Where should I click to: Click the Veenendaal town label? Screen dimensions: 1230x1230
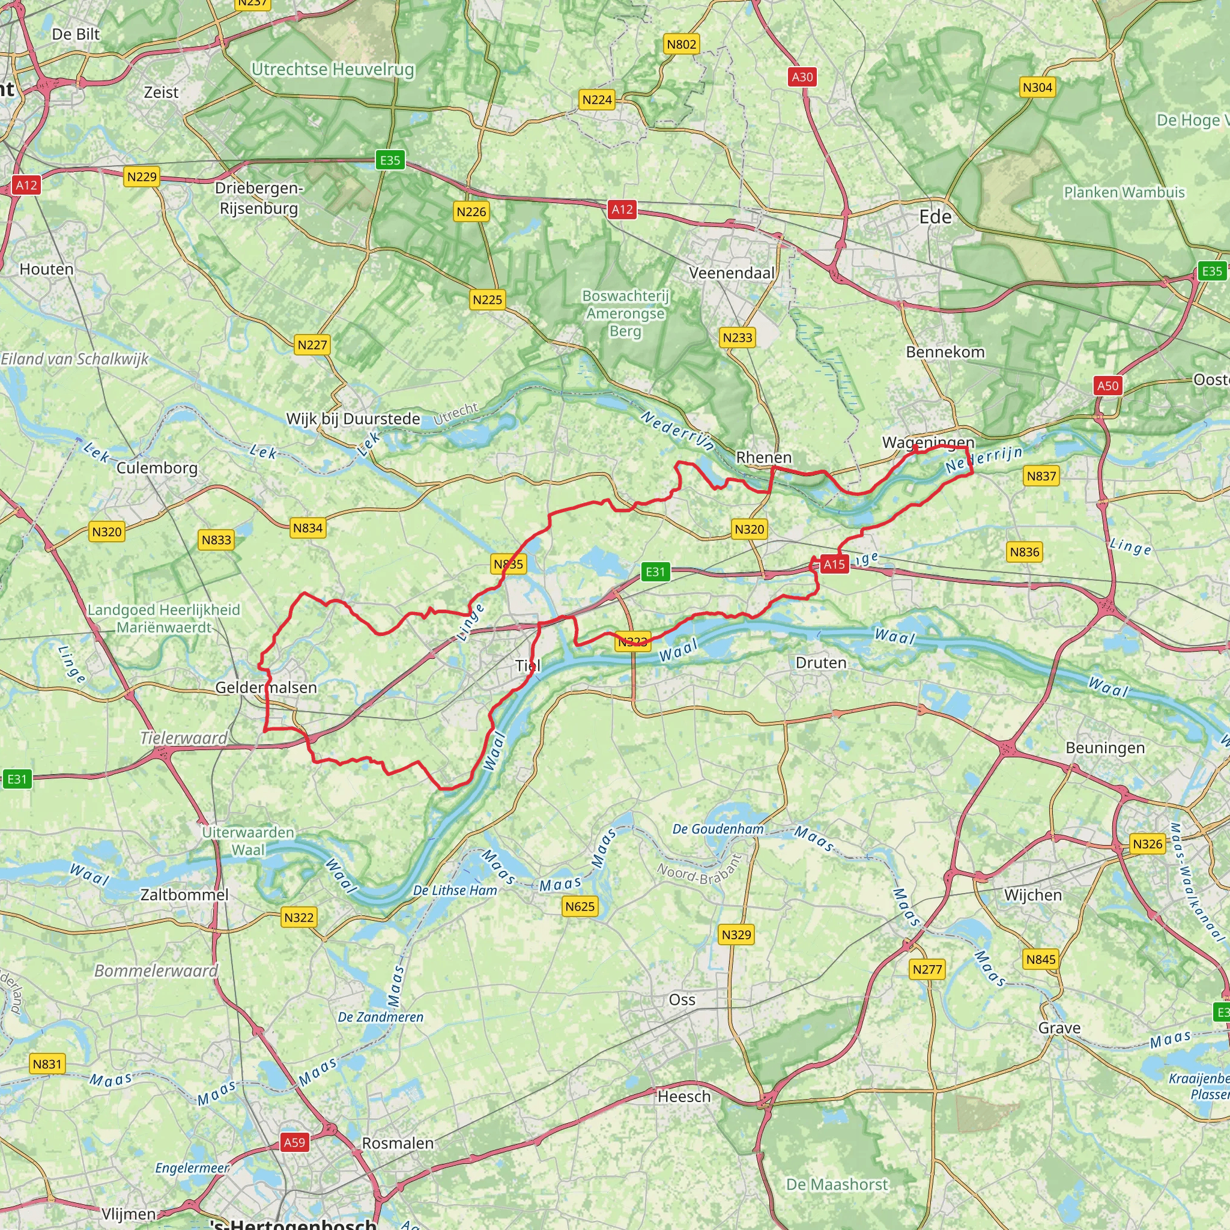point(732,273)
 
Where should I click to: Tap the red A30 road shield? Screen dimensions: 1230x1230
point(802,77)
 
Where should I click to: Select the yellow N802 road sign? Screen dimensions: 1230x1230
point(681,44)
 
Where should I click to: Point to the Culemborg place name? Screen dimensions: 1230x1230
point(157,468)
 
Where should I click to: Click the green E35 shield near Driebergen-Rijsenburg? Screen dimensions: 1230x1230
point(390,160)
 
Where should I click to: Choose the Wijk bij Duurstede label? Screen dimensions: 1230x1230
point(353,419)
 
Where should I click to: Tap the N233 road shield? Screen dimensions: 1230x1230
point(738,338)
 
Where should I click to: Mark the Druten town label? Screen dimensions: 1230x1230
point(820,663)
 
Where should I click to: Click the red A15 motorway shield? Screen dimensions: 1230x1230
point(834,564)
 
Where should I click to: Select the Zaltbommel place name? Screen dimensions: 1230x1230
point(184,894)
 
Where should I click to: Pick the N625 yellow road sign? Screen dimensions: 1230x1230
point(580,906)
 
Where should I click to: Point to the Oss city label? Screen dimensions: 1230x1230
point(682,999)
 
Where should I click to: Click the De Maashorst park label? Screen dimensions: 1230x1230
point(837,1184)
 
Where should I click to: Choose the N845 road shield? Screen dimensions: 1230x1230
point(1041,959)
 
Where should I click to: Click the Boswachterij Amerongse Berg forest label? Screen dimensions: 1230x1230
point(625,314)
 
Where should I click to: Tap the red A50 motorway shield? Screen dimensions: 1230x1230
point(1107,385)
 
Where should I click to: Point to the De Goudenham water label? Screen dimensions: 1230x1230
point(718,829)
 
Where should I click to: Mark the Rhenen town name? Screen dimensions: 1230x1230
point(763,457)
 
